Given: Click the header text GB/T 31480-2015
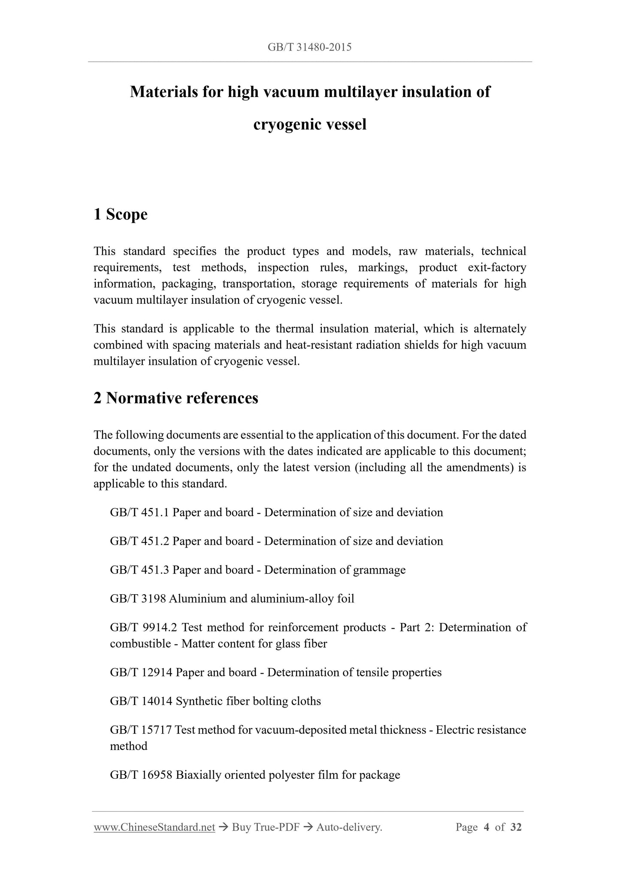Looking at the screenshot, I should pos(309,47).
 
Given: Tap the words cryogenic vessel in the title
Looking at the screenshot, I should pos(310,124).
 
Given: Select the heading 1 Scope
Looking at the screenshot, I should pos(121,214).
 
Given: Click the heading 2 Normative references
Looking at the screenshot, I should pos(176,398).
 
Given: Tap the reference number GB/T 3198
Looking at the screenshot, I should pos(138,599).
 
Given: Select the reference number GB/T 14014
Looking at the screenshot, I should pos(141,701).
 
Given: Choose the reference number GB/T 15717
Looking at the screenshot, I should pos(141,730).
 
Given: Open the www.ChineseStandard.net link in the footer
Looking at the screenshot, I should pos(154,827).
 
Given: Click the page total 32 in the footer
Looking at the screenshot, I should pos(516,827).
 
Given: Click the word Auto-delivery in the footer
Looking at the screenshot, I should pos(349,827).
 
